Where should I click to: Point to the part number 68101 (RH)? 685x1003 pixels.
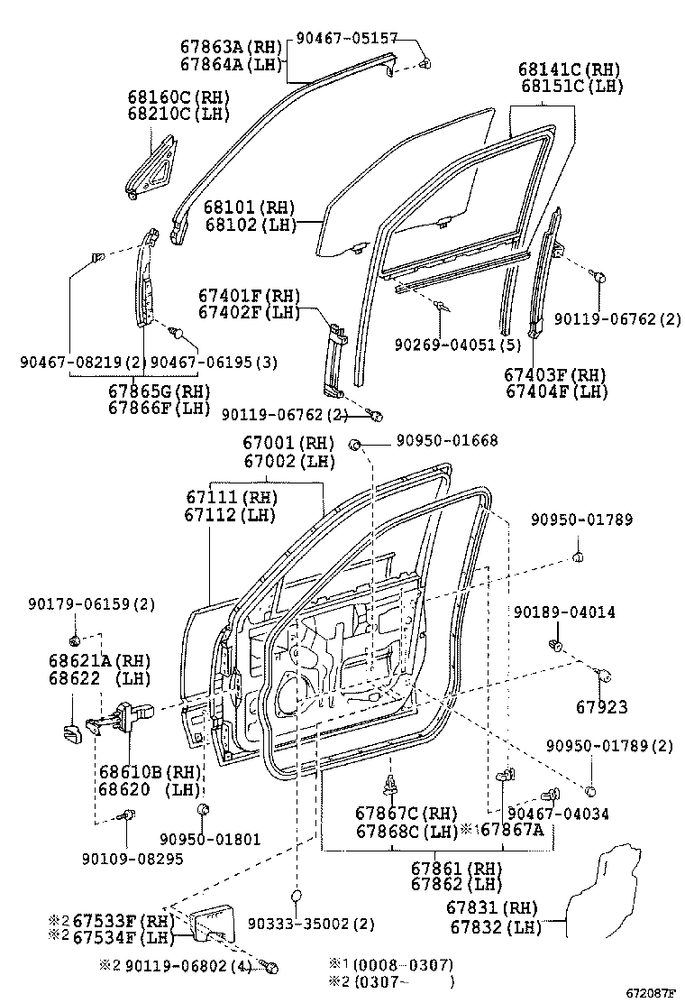tap(241, 207)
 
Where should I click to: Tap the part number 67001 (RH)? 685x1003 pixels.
tap(287, 443)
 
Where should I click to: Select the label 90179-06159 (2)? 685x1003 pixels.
tap(91, 603)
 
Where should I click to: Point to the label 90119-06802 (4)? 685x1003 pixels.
tap(187, 967)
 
